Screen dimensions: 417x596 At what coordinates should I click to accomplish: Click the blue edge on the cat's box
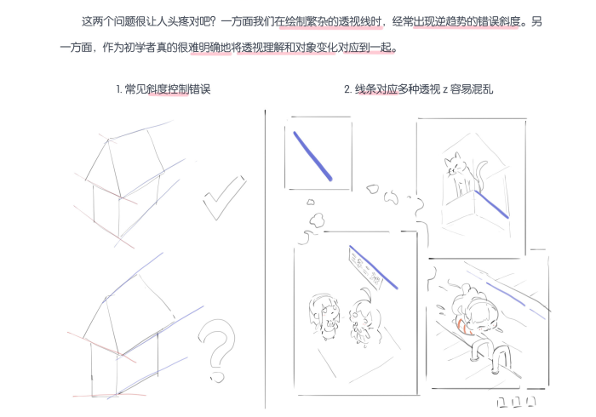[491, 205]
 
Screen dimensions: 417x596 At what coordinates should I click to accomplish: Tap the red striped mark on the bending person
[461, 322]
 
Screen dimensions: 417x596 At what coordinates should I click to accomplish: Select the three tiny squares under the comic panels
[515, 401]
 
